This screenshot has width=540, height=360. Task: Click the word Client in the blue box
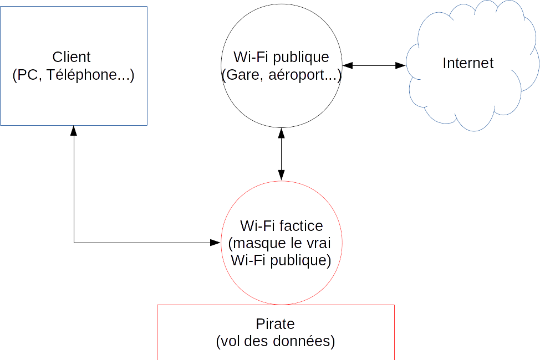(72, 56)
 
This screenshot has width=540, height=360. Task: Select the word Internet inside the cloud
(468, 63)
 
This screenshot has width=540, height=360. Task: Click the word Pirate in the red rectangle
(276, 324)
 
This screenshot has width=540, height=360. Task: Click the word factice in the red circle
(302, 226)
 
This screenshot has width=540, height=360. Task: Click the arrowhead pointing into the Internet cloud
(401, 65)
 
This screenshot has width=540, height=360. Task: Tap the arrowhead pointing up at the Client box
(74, 131)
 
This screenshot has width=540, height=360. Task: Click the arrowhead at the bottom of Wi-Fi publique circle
(282, 133)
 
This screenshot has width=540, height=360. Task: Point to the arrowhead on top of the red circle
(282, 176)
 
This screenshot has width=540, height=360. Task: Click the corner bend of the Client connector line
(74, 243)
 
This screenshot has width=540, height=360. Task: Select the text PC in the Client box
(26, 75)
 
